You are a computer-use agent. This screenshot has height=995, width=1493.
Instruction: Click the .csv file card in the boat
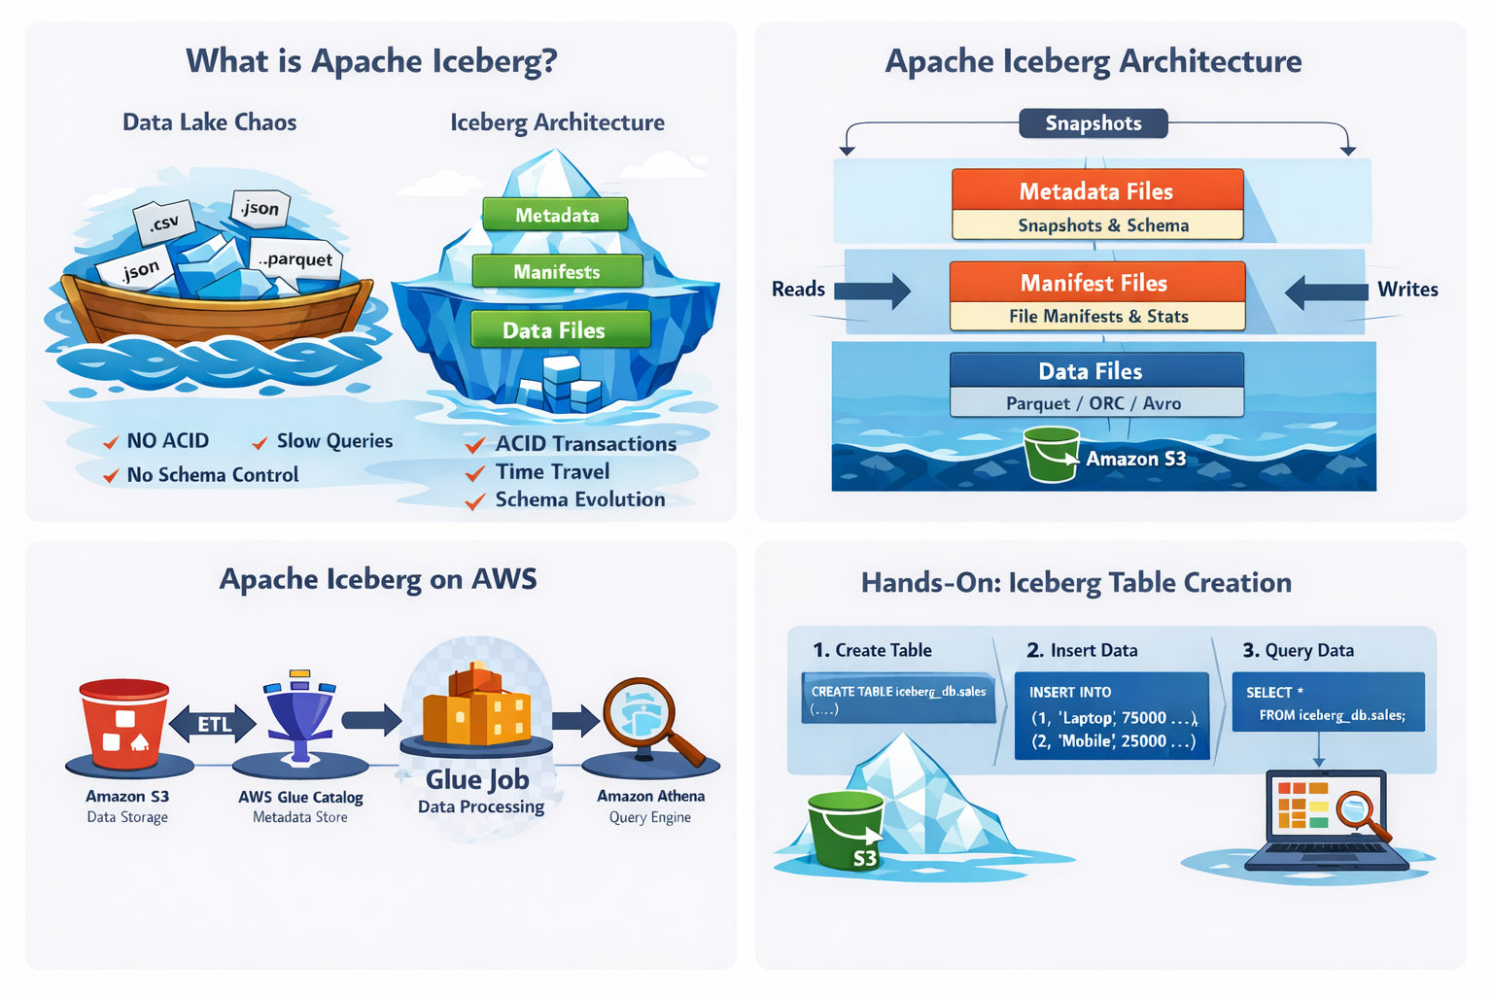pyautogui.click(x=164, y=222)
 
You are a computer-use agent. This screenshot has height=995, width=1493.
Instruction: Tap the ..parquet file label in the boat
pyautogui.click(x=295, y=259)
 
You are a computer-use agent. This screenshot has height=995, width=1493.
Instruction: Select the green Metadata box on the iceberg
pyautogui.click(x=555, y=215)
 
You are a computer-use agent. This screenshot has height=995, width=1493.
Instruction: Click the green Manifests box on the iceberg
pyautogui.click(x=557, y=271)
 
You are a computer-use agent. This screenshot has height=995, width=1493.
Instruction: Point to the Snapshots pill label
pyautogui.click(x=1094, y=123)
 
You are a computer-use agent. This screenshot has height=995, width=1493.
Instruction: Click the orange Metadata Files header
pyautogui.click(x=1097, y=190)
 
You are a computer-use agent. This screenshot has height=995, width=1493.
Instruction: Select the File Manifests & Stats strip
pyautogui.click(x=1097, y=316)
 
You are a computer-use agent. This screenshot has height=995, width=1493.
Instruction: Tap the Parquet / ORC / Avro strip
pyautogui.click(x=1096, y=402)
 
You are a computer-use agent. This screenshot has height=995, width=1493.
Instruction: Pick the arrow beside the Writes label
pyautogui.click(x=1327, y=292)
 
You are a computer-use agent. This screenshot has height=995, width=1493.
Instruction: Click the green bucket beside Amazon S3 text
pyautogui.click(x=1052, y=454)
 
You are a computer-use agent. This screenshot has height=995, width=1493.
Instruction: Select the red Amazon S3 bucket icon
pyautogui.click(x=124, y=724)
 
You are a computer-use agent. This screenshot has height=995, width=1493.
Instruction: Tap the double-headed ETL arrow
pyautogui.click(x=213, y=724)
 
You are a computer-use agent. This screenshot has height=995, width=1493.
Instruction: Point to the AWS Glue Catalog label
pyautogui.click(x=300, y=797)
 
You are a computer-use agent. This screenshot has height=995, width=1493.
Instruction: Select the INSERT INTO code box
pyautogui.click(x=1112, y=716)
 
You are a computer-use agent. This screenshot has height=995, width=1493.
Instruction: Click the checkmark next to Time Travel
pyautogui.click(x=475, y=472)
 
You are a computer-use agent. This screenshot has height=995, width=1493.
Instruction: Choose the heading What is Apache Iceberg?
pyautogui.click(x=371, y=61)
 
